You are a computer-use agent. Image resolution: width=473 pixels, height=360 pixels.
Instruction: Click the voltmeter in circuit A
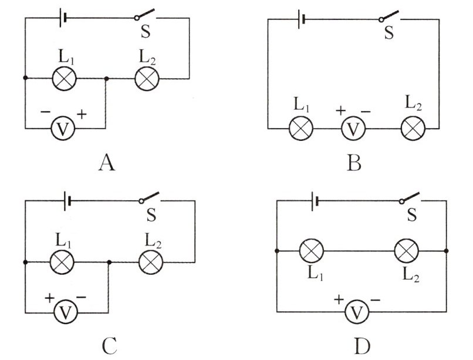63,129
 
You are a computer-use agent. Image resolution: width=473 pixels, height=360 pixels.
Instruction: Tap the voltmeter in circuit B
353,129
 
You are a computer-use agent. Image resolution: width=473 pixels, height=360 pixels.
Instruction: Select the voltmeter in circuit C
66,312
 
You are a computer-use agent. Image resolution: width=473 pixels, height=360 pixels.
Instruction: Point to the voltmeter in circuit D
357,312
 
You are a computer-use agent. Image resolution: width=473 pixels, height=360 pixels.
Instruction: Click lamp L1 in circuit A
64,79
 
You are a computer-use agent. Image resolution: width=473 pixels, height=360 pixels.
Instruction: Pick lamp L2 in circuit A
147,79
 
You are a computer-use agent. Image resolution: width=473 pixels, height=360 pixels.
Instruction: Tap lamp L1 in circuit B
300,129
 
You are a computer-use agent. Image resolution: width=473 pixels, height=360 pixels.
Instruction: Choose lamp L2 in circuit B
413,129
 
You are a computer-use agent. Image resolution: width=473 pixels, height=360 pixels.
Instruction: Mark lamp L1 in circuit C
62,262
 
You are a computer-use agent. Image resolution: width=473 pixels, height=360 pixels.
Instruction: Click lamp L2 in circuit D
407,251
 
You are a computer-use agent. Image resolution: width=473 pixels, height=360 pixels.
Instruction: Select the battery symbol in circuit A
62,18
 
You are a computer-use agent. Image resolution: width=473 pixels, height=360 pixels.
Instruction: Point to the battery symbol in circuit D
315,201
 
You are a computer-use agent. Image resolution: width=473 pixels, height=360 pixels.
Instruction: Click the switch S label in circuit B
389,32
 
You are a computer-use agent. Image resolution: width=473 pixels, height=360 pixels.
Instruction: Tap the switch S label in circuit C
151,214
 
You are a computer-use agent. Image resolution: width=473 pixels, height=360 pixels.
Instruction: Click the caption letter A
107,162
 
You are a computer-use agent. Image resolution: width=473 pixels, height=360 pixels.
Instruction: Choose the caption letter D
362,346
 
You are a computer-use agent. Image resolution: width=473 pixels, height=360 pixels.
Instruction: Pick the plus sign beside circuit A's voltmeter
82,114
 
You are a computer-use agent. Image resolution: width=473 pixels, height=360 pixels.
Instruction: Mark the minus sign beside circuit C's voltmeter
81,297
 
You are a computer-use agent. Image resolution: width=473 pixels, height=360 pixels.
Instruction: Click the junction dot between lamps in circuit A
106,79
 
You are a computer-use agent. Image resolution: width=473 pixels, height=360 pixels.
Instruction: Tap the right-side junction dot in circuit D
447,251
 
